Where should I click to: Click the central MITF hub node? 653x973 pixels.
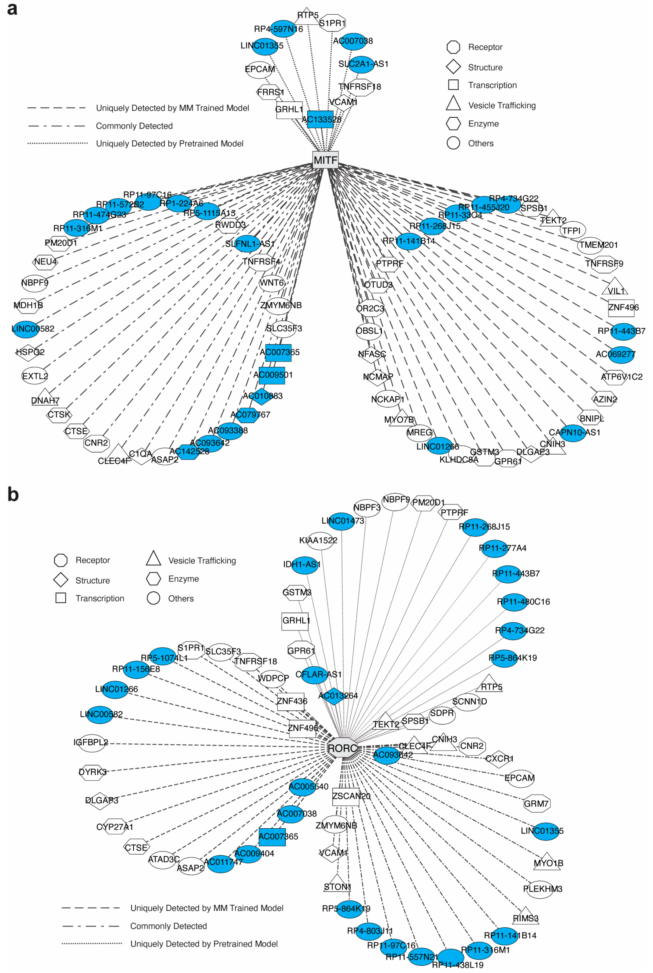[x=325, y=160]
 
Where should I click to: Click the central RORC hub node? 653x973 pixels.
[x=342, y=748]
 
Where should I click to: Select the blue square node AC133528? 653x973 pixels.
[x=320, y=119]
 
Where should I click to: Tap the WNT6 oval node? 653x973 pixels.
[x=272, y=283]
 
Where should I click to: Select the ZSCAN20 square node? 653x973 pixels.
[x=345, y=796]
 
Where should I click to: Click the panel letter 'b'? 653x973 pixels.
[x=13, y=494]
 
